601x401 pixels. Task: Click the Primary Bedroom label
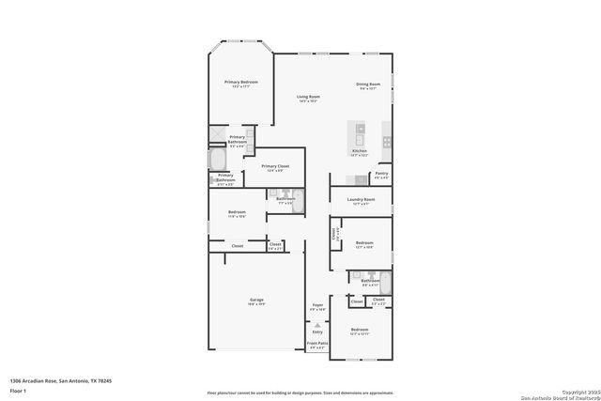point(240,83)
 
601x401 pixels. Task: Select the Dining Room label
point(367,85)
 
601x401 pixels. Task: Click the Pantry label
point(381,174)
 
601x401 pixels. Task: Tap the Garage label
point(256,301)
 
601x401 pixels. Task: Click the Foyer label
point(317,306)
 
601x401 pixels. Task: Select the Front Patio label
point(317,345)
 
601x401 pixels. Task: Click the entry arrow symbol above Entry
point(317,324)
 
